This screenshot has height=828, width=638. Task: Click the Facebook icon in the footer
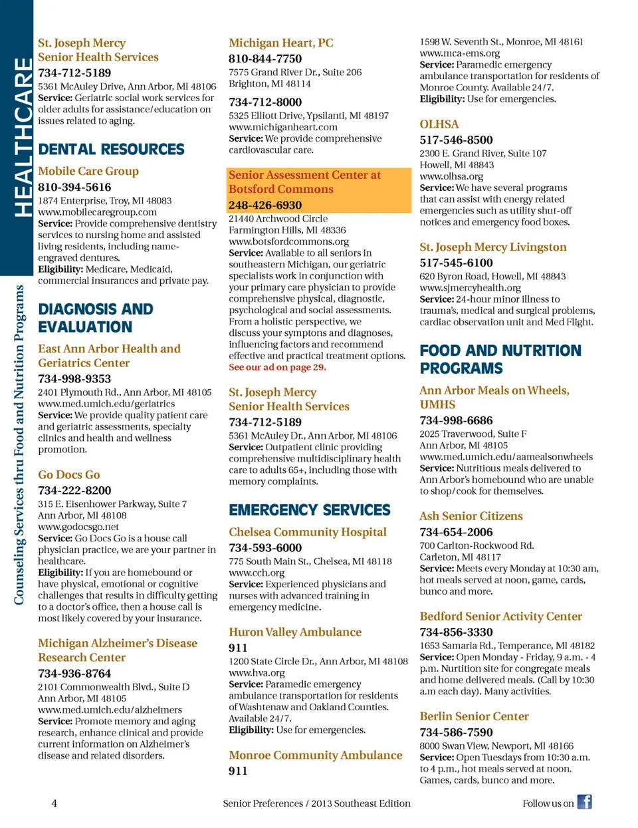[584, 801]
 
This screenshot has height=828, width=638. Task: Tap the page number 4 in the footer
[54, 803]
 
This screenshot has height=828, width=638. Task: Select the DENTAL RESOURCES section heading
[111, 149]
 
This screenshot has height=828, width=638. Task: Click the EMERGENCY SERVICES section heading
[310, 510]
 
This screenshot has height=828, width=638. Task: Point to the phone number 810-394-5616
[74, 187]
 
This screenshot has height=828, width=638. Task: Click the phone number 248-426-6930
[265, 205]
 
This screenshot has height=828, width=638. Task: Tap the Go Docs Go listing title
[69, 474]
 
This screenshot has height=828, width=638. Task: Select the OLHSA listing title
[439, 124]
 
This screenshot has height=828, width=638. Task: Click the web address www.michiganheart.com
[282, 127]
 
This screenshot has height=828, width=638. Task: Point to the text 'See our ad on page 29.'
[277, 367]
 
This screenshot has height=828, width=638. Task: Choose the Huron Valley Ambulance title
[295, 632]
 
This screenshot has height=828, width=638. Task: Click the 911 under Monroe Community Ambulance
[238, 771]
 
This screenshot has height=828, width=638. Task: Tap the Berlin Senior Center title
[474, 716]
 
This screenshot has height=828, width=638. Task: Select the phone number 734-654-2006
[456, 532]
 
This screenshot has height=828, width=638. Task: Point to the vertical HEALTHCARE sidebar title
[23, 137]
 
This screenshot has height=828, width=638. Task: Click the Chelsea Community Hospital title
[308, 532]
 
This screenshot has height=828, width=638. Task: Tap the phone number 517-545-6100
[456, 263]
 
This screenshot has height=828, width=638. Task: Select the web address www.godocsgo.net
[78, 527]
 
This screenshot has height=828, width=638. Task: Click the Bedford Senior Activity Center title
[500, 617]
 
